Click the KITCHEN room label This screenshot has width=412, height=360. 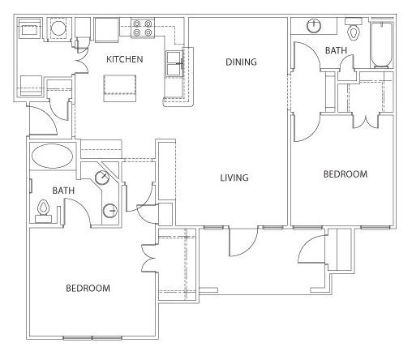pyautogui.click(x=124, y=59)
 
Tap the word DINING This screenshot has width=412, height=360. pyautogui.click(x=241, y=62)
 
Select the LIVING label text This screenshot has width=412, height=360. pyautogui.click(x=234, y=178)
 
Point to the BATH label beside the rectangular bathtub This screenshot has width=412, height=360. pyautogui.click(x=336, y=50)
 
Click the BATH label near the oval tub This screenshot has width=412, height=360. pyautogui.click(x=63, y=191)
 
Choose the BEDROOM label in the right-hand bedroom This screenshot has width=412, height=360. pyautogui.click(x=345, y=174)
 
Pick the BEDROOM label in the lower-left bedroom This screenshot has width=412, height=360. pyautogui.click(x=88, y=288)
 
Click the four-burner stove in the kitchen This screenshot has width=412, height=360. pyautogui.click(x=143, y=28)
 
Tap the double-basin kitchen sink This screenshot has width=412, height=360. pyautogui.click(x=174, y=64)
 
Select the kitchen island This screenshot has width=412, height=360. pyautogui.click(x=120, y=88)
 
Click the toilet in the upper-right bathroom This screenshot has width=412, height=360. pyautogui.click(x=354, y=29)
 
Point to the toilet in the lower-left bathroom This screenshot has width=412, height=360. pyautogui.click(x=43, y=212)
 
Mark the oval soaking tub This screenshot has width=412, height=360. pyautogui.click(x=52, y=156)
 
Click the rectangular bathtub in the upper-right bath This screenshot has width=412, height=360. pyautogui.click(x=382, y=45)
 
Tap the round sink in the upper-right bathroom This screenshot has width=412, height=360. pyautogui.click(x=314, y=26)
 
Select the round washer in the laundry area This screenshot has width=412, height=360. pyautogui.click(x=58, y=28)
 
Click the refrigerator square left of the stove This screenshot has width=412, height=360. pyautogui.click(x=107, y=30)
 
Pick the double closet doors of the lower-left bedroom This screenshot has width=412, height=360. pyautogui.click(x=148, y=259)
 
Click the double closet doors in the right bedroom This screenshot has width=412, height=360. pyautogui.click(x=366, y=122)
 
